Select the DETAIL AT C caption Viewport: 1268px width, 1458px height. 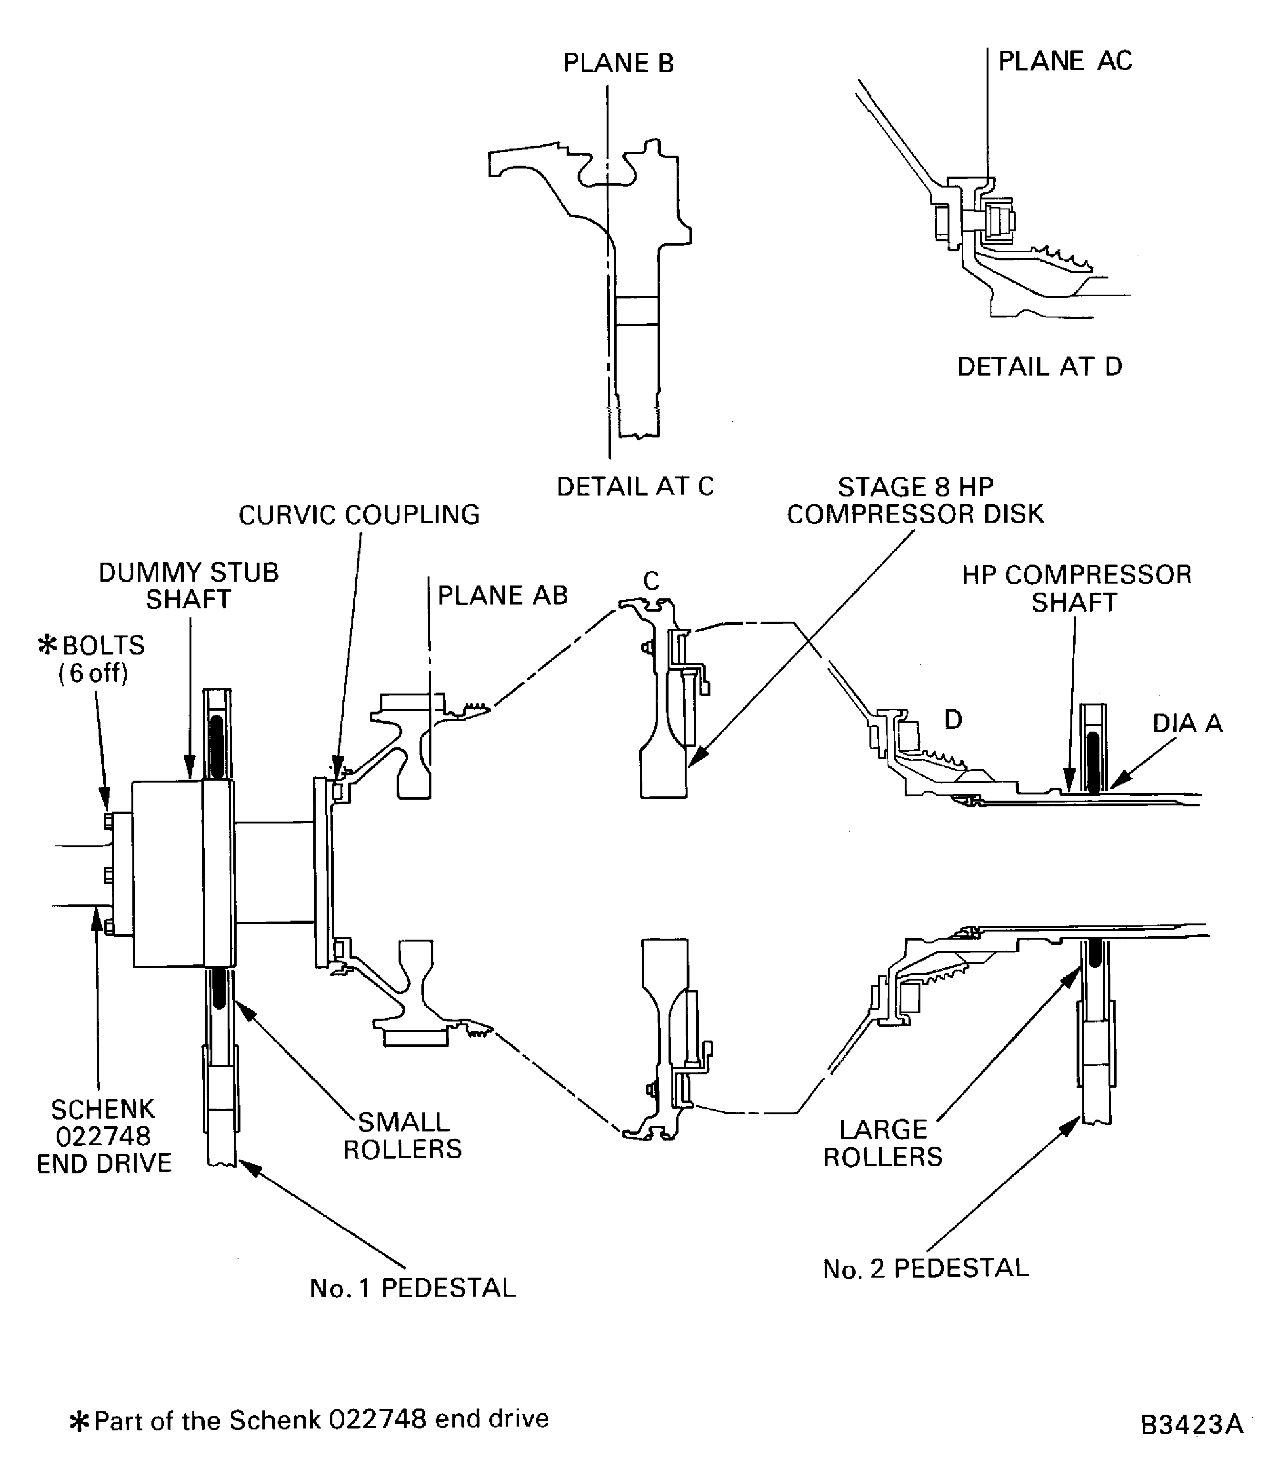tap(635, 486)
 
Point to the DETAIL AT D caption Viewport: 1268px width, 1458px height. tap(1039, 367)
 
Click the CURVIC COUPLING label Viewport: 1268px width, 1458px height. tap(359, 515)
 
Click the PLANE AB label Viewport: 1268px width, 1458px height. tap(502, 595)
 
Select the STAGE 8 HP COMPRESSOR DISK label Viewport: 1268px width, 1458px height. tap(915, 500)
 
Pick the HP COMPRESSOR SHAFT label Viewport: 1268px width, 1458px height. tap(1076, 588)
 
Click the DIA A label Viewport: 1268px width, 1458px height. tap(1187, 723)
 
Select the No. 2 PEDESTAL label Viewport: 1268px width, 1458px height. tap(925, 1269)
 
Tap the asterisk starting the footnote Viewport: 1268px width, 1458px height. tap(79, 1420)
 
